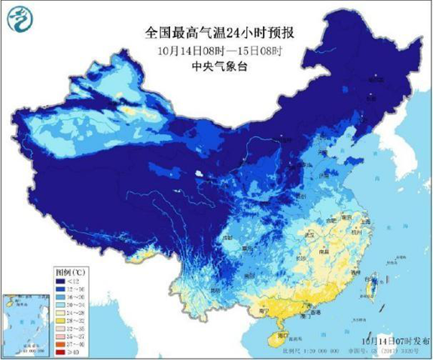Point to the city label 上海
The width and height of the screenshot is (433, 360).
tap(367, 223)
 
